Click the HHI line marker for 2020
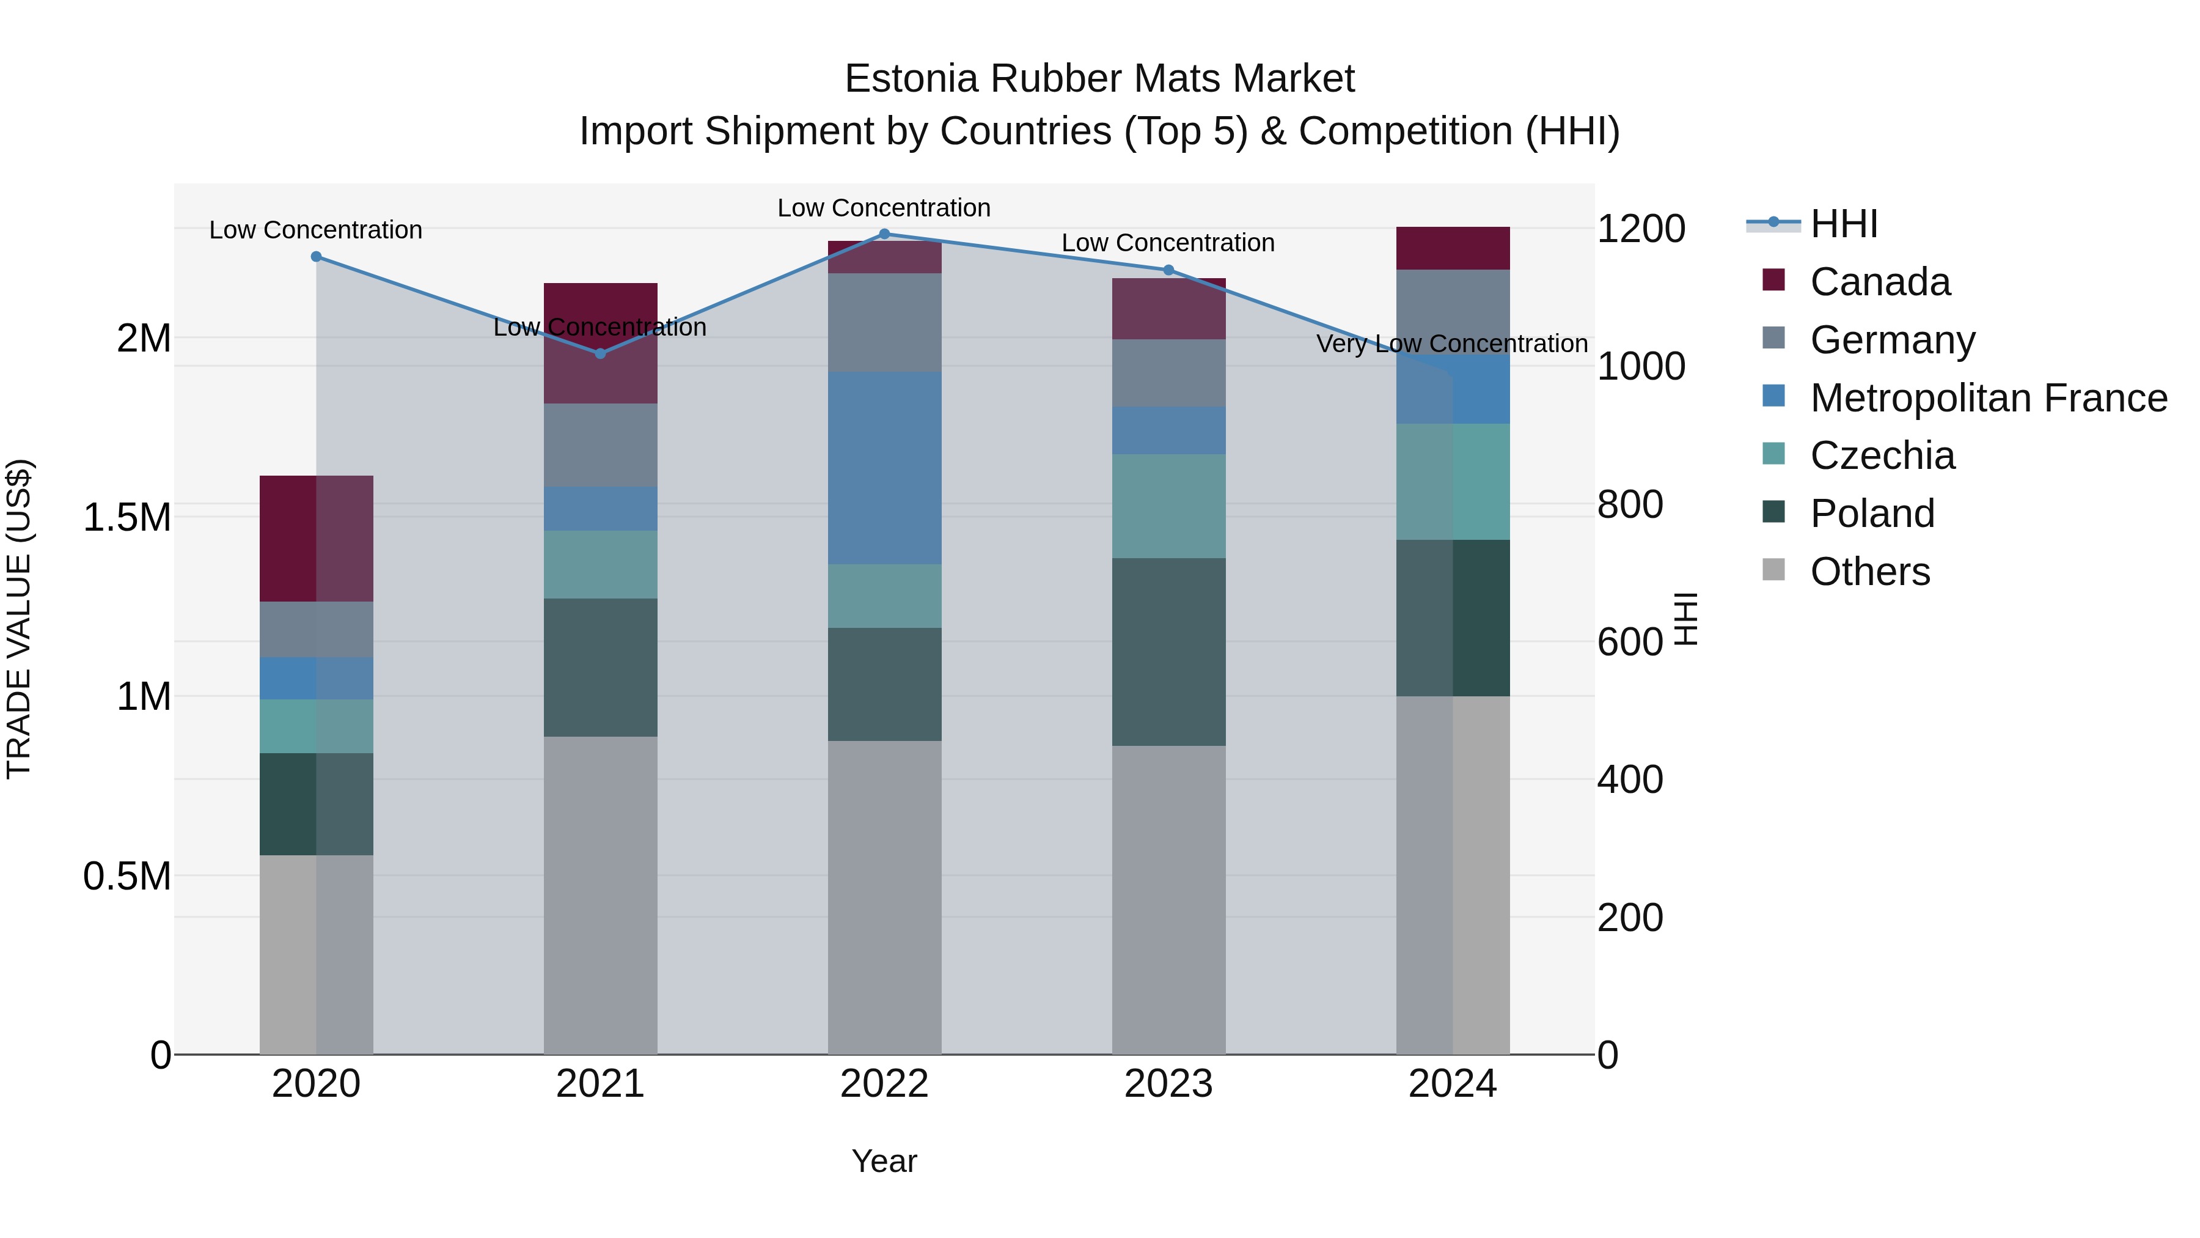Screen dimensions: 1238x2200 pyautogui.click(x=316, y=256)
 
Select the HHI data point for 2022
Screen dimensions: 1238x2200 pyautogui.click(x=884, y=234)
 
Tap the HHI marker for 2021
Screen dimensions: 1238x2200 pyautogui.click(x=600, y=353)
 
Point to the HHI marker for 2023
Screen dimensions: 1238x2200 pyautogui.click(x=1168, y=270)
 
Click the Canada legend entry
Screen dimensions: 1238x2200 pyautogui.click(x=1879, y=282)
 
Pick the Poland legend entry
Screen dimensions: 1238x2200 pyautogui.click(x=1871, y=514)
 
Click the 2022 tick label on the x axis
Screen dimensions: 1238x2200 pyautogui.click(x=884, y=1084)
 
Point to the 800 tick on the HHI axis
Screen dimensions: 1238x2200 pyautogui.click(x=1629, y=504)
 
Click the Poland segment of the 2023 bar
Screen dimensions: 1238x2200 pyautogui.click(x=1168, y=651)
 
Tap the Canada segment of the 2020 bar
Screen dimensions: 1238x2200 pyautogui.click(x=316, y=538)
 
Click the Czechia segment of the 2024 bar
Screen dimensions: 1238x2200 pyautogui.click(x=1453, y=481)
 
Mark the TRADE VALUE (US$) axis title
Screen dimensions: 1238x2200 pyautogui.click(x=19, y=619)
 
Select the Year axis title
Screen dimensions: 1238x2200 pyautogui.click(x=884, y=1161)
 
